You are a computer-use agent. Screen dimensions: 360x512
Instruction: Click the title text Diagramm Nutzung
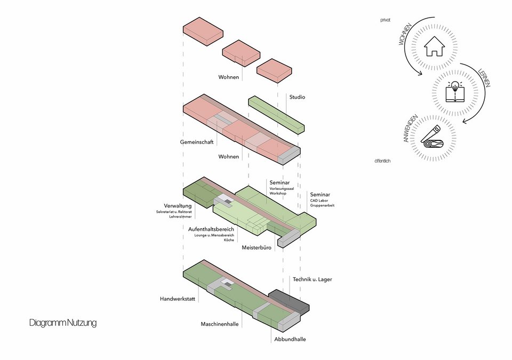[x=63, y=323]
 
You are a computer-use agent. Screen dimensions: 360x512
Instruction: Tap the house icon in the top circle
[x=434, y=46]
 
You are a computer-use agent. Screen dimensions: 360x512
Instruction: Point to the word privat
[x=385, y=20]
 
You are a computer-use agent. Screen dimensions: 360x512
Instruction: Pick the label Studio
[x=297, y=97]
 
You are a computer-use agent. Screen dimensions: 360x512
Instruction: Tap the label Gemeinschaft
[x=196, y=143]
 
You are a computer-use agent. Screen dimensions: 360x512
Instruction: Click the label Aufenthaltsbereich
[x=211, y=229]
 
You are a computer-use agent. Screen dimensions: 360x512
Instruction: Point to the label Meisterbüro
[x=258, y=248]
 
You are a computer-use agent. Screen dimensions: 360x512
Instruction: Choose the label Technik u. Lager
[x=312, y=279]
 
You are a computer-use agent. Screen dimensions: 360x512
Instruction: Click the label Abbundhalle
[x=290, y=339]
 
